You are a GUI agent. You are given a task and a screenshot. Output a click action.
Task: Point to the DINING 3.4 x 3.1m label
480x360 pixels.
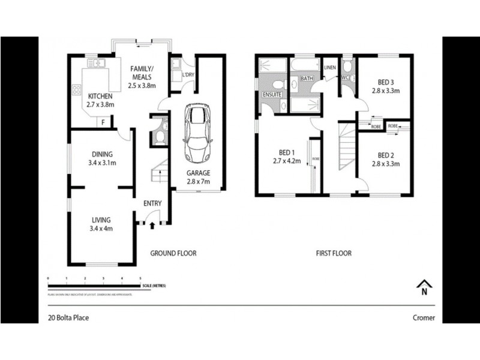point(102,158)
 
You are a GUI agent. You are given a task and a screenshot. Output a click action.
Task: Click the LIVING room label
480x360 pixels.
point(101,223)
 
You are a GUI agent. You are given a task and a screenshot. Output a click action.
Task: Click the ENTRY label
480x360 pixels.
point(152,203)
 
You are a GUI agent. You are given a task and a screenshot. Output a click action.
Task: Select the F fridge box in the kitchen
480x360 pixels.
point(103,122)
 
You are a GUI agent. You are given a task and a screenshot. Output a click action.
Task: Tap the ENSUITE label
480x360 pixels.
point(273,94)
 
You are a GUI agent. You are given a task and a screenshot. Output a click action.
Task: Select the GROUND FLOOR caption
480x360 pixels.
point(173,253)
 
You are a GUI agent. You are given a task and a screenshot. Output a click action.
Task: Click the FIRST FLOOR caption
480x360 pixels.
point(334,253)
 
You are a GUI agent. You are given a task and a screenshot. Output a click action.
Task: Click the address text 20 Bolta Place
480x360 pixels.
point(68,318)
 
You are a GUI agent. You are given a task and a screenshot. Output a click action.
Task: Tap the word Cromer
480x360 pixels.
point(424,318)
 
